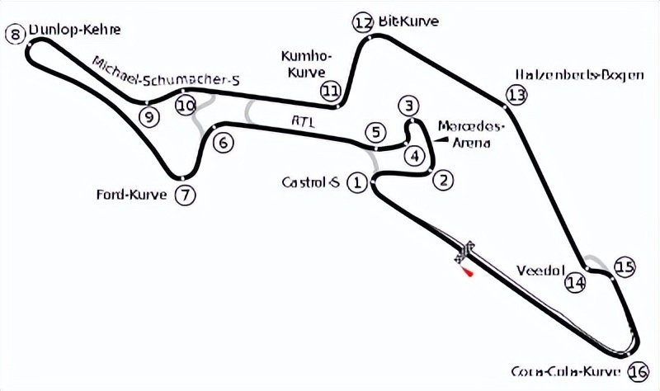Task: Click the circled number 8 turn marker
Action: tap(12, 34)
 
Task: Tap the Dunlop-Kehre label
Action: tap(74, 31)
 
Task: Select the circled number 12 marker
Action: tap(363, 22)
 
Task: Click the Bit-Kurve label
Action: tap(408, 21)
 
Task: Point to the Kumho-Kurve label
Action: tap(307, 64)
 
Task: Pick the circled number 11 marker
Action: tap(331, 90)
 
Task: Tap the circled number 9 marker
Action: tap(148, 116)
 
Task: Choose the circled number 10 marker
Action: tap(186, 105)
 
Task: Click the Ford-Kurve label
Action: tap(132, 195)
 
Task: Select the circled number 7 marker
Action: tap(186, 195)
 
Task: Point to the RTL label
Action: tap(302, 120)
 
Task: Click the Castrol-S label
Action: tap(310, 181)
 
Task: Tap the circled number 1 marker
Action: tap(356, 181)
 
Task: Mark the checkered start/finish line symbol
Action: tap(465, 251)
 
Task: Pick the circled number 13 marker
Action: tap(516, 95)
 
